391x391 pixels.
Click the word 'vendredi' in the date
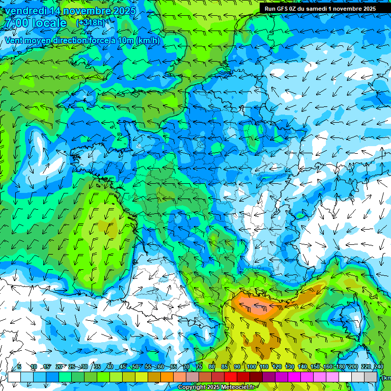coord(23,11)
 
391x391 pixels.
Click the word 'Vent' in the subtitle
coord(14,41)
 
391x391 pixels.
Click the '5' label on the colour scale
coord(19,367)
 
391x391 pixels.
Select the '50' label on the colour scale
coord(135,367)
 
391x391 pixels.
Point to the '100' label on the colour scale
coord(251,367)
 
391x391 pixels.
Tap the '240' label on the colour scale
coord(379,367)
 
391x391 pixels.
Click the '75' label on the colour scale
coord(199,367)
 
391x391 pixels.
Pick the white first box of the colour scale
coord(14,377)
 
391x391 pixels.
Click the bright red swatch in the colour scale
coord(230,377)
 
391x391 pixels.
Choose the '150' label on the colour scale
coord(315,367)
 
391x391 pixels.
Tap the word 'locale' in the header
coord(49,23)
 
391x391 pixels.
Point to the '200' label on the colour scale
coord(353,367)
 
